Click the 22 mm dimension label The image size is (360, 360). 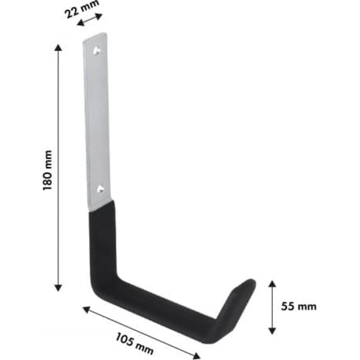[x=81, y=9]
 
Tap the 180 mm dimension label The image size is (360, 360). [x=48, y=170]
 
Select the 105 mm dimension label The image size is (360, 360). [x=134, y=344]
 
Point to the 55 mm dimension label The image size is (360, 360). [x=299, y=306]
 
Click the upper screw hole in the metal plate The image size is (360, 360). [x=97, y=51]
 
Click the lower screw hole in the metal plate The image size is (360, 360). [x=100, y=189]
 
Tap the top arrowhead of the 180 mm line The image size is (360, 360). [x=58, y=48]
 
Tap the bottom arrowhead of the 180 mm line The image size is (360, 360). [x=58, y=288]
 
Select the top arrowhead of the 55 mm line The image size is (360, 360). [x=272, y=284]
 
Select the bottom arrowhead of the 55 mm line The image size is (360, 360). [x=272, y=331]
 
